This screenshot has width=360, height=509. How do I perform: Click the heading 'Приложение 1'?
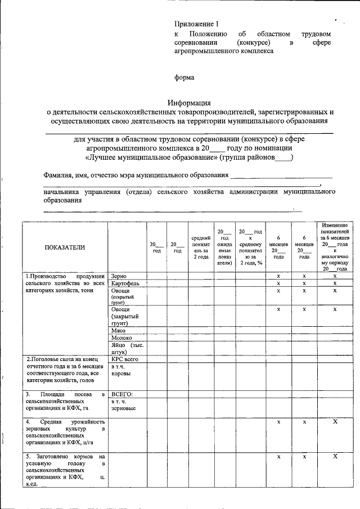(195, 24)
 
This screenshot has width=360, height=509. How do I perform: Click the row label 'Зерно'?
(119, 276)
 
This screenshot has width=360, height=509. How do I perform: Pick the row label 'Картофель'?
(125, 283)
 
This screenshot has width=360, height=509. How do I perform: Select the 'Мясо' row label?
(118, 331)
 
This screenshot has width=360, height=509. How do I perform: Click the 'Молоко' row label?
(121, 338)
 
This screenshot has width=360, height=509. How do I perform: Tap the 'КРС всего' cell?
(124, 359)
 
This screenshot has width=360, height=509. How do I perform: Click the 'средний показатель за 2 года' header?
(201, 247)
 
